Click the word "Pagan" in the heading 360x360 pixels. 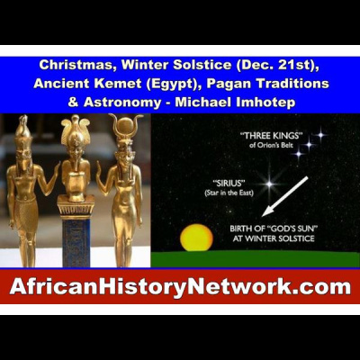click(217, 84)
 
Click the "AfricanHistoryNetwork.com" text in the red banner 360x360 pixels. click(180, 288)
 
